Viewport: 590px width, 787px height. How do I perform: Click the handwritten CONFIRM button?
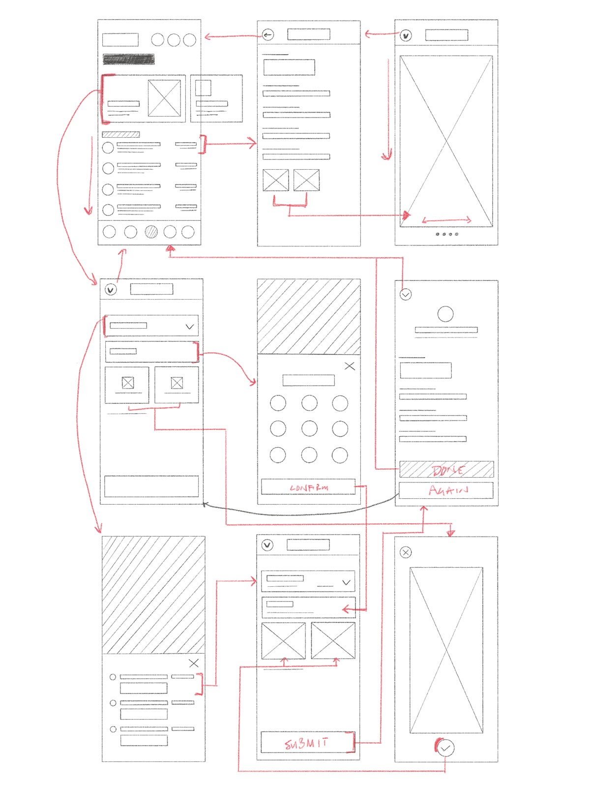[308, 487]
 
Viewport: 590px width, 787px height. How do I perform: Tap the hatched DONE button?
[446, 470]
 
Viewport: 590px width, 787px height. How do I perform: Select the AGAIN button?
[446, 490]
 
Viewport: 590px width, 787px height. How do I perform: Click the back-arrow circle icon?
[267, 35]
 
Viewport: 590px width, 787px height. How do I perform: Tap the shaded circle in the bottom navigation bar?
[151, 232]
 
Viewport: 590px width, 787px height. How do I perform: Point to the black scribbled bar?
[128, 60]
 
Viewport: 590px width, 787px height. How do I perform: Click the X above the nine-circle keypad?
[350, 366]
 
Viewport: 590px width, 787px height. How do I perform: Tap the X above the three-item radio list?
[194, 663]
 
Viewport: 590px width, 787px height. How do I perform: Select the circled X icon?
[406, 552]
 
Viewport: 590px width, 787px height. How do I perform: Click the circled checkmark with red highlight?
[445, 748]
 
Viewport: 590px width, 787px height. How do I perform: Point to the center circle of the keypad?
[309, 428]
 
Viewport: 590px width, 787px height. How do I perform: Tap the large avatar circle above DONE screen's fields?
[445, 314]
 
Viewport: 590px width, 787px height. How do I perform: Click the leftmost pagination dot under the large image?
[438, 234]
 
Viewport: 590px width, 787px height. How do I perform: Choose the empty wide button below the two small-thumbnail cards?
[151, 486]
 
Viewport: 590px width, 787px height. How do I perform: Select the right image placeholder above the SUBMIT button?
[333, 640]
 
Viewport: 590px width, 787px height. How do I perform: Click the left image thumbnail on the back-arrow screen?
[276, 180]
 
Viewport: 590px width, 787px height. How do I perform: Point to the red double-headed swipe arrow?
[446, 220]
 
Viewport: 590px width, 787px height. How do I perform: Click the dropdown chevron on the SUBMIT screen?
[346, 582]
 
